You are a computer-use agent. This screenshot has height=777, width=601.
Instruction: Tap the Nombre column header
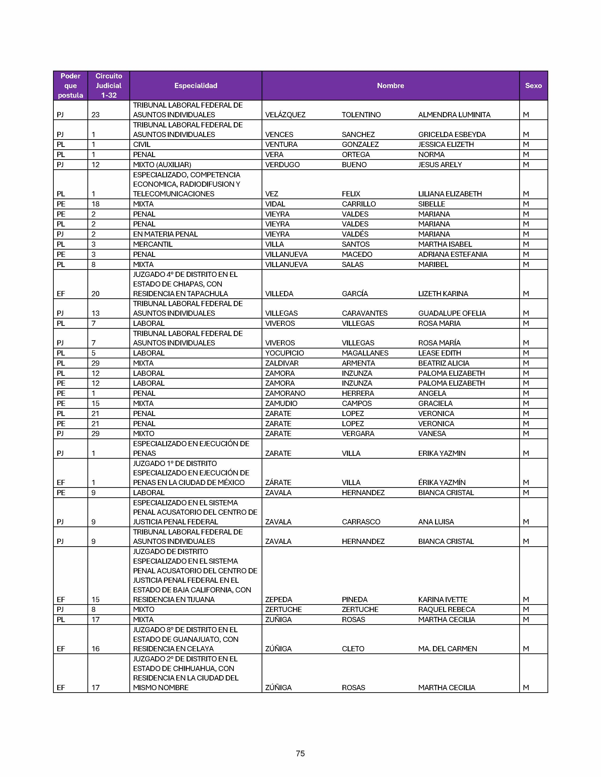(390, 86)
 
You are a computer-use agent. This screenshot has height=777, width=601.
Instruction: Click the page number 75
(300, 753)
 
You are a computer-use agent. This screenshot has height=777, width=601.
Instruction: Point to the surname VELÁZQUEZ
(285, 115)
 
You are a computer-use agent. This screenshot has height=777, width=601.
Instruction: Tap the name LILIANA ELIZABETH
(450, 194)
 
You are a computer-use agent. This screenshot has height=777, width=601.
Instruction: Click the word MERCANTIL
(153, 244)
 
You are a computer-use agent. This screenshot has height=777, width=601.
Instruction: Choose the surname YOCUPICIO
(284, 353)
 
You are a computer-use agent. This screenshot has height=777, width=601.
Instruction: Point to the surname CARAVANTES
(365, 313)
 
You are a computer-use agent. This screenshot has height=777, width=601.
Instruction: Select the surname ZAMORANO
(285, 393)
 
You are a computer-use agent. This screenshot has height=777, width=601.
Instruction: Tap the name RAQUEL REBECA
(446, 609)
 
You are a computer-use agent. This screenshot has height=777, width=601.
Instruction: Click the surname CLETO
(353, 649)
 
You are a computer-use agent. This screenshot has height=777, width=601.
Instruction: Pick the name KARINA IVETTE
(443, 599)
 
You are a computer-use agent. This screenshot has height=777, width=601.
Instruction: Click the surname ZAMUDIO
(281, 403)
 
